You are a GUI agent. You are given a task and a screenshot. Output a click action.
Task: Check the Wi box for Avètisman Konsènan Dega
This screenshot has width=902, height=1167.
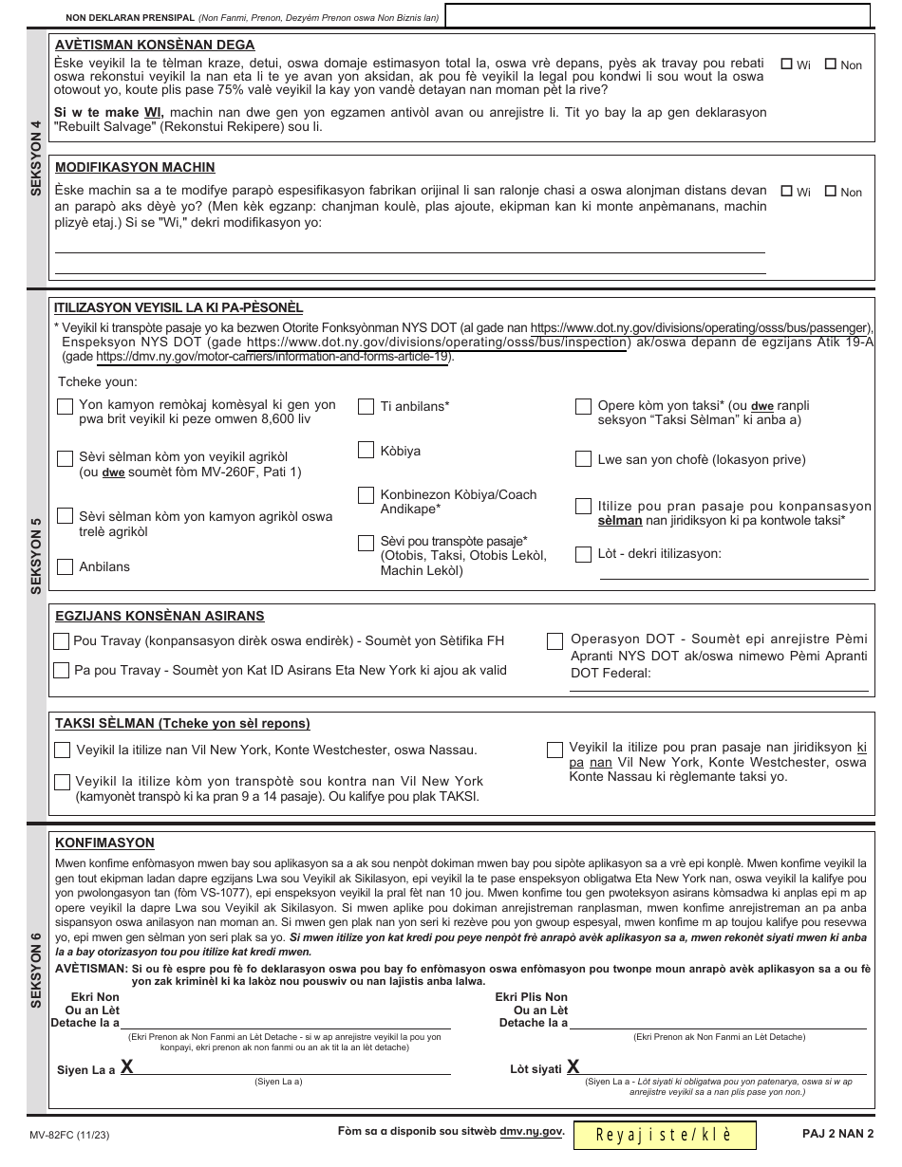(x=786, y=65)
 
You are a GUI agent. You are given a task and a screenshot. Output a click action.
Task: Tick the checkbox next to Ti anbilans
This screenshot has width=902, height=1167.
(x=366, y=406)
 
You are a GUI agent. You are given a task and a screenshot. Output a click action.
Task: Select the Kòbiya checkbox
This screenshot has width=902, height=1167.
(x=366, y=451)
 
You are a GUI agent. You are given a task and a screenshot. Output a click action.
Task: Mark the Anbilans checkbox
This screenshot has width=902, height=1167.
(x=66, y=566)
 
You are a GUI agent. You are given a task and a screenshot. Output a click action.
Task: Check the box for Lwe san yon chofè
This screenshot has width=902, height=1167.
(x=583, y=459)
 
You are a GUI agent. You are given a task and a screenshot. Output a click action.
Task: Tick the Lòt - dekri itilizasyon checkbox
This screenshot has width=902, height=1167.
(x=583, y=553)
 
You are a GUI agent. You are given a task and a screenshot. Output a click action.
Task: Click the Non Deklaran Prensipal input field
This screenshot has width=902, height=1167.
(x=657, y=16)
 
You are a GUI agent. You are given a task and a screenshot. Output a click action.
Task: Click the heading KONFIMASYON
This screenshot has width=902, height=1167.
(x=104, y=843)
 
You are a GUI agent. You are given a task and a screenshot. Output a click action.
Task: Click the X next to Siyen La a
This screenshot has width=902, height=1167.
(x=126, y=1067)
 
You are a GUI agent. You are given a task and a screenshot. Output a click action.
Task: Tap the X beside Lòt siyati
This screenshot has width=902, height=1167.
(x=573, y=1067)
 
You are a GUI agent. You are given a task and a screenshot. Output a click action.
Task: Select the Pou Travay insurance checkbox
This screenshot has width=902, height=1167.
(x=62, y=640)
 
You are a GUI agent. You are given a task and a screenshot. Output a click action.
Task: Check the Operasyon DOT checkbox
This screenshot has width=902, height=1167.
(x=554, y=641)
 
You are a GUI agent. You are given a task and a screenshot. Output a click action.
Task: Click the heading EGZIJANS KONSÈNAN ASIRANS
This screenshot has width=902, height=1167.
(x=160, y=616)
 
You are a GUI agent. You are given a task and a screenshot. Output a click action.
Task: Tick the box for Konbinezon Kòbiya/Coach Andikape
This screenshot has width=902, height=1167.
(x=366, y=495)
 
